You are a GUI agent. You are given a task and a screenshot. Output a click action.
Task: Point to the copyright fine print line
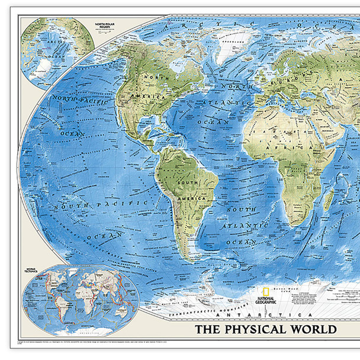point(118,342)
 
